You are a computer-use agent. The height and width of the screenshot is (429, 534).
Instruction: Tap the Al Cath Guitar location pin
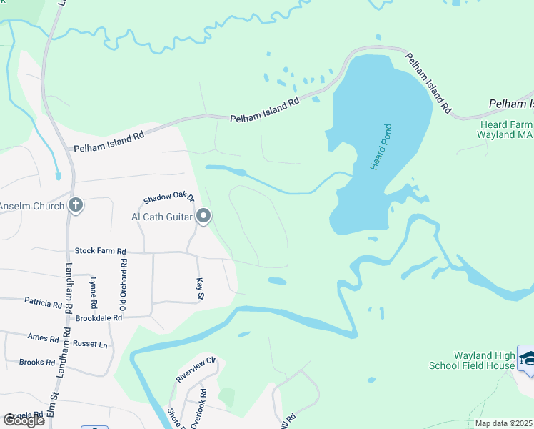tap(203, 216)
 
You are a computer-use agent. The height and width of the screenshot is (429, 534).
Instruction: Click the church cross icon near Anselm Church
tap(76, 206)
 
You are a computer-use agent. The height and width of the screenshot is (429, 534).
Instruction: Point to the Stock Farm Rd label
tap(100, 251)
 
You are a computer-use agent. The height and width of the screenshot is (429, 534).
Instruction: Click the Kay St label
tap(201, 290)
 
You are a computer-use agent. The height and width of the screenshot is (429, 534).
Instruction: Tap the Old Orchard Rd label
tap(124, 284)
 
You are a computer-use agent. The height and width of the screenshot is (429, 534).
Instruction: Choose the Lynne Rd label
tap(94, 290)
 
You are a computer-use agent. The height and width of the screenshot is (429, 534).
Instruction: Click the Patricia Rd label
tap(43, 304)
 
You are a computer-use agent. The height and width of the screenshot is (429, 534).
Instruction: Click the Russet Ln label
tap(93, 345)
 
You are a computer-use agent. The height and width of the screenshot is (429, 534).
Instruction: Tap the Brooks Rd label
tap(37, 363)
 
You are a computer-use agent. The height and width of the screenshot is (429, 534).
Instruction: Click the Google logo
tap(24, 420)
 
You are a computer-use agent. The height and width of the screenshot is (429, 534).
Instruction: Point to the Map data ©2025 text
tap(504, 423)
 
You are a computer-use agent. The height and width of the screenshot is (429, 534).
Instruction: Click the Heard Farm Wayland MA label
tap(505, 129)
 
